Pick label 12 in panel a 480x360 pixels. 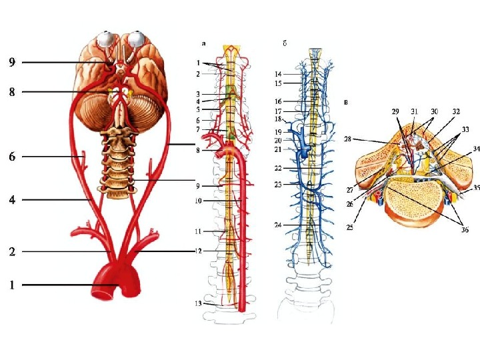pyautogui.click(x=199, y=251)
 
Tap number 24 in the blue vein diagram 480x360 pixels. pyautogui.click(x=277, y=225)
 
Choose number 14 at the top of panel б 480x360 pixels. pyautogui.click(x=277, y=73)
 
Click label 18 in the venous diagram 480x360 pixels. pyautogui.click(x=277, y=119)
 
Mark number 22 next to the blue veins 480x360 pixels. pyautogui.click(x=277, y=168)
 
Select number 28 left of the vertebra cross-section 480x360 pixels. pyautogui.click(x=348, y=139)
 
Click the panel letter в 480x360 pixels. pyautogui.click(x=345, y=103)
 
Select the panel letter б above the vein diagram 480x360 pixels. pyautogui.click(x=285, y=43)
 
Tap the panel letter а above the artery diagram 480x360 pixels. pyautogui.click(x=204, y=43)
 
